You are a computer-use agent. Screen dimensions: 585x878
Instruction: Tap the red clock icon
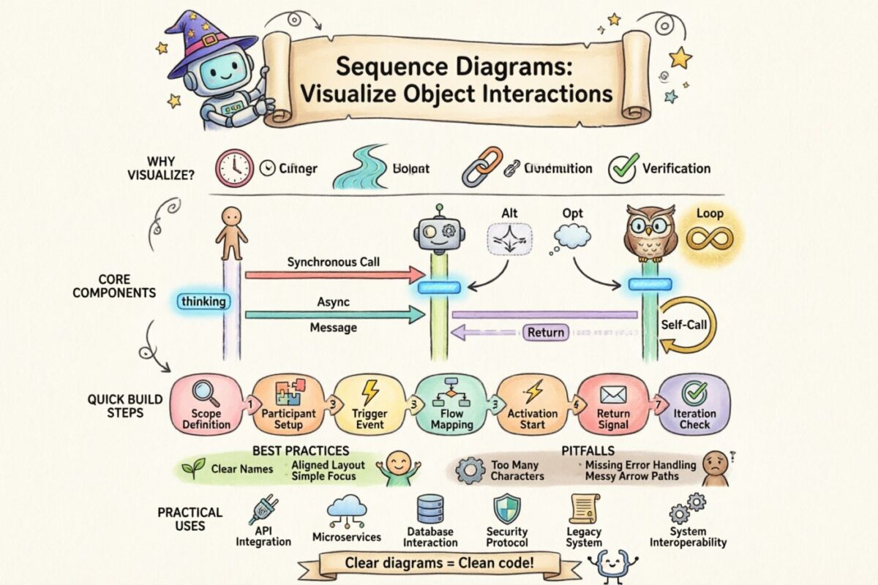[x=233, y=168]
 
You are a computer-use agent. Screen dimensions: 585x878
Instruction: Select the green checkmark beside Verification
[x=623, y=168]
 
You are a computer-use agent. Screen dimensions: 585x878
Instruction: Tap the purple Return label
[x=546, y=333]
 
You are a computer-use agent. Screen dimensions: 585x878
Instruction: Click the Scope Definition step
[x=206, y=405]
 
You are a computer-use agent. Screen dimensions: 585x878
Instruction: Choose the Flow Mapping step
[x=451, y=405]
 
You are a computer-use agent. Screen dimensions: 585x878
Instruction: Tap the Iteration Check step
[x=694, y=405]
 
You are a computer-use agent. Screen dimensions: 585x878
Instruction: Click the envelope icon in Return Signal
[x=613, y=395]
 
